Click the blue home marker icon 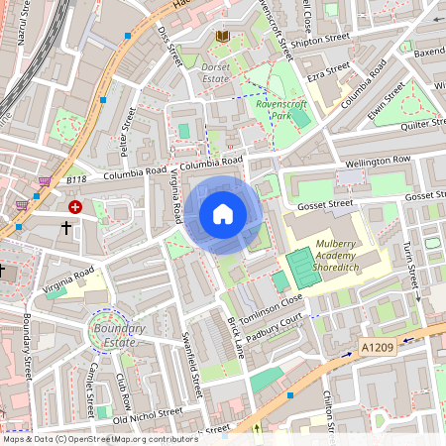pyautogui.click(x=223, y=214)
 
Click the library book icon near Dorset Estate pyautogui.click(x=223, y=37)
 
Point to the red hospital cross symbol pyautogui.click(x=76, y=207)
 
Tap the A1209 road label pyautogui.click(x=378, y=348)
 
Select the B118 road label pyautogui.click(x=77, y=180)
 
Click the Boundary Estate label pyautogui.click(x=117, y=335)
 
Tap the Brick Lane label pyautogui.click(x=235, y=337)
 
